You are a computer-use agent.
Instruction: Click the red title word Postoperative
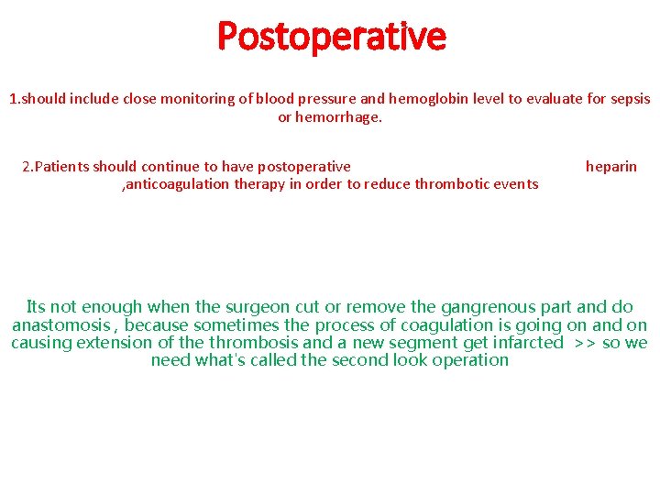[331, 38]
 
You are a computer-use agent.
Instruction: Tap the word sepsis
[629, 99]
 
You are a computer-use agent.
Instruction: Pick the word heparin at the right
[610, 167]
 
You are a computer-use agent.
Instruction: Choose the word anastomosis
[64, 325]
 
